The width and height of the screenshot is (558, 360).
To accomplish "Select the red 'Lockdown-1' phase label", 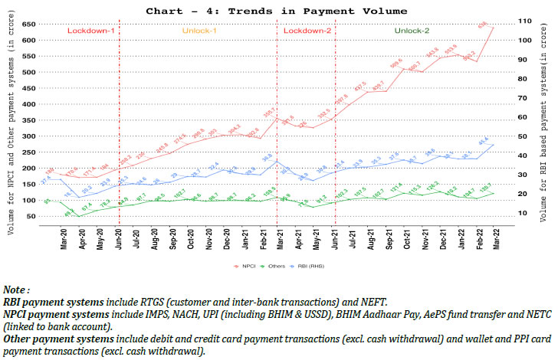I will tap(90, 31).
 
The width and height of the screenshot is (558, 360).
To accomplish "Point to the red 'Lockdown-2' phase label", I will tap(308, 31).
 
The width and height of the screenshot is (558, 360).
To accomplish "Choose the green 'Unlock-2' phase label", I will tap(412, 31).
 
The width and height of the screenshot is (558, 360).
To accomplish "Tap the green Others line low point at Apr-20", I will tap(77, 216).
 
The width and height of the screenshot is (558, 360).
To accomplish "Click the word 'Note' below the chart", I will tap(15, 290).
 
